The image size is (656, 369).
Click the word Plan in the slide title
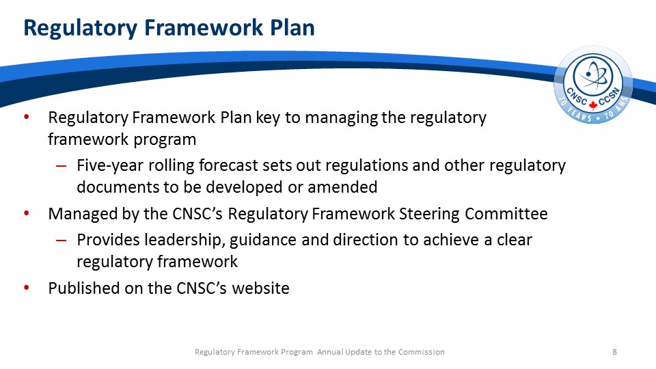pos(292,27)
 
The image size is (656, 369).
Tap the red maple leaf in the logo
pos(593,105)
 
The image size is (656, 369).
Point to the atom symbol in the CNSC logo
pos(593,76)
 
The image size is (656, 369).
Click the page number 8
pos(614,352)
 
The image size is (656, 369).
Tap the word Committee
pos(506,214)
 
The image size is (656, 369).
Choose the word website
pos(260,288)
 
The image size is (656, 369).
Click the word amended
pos(342,187)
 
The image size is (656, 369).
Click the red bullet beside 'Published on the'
pos(27,288)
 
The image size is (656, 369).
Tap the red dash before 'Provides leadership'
pos(61,241)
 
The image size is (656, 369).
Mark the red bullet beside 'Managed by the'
pos(27,213)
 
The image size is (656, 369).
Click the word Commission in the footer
pos(422,352)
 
